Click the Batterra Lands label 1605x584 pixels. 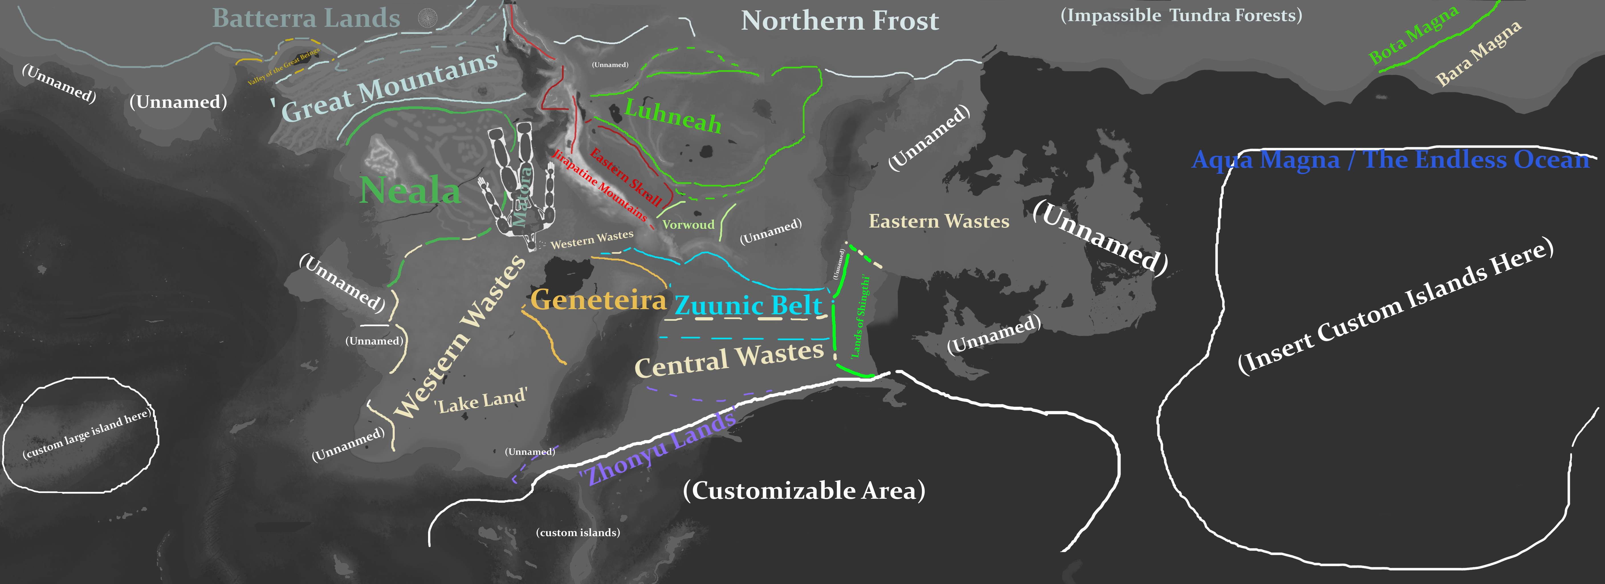(306, 19)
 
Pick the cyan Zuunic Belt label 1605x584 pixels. (748, 305)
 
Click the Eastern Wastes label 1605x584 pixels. (938, 221)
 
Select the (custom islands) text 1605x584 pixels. (578, 532)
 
